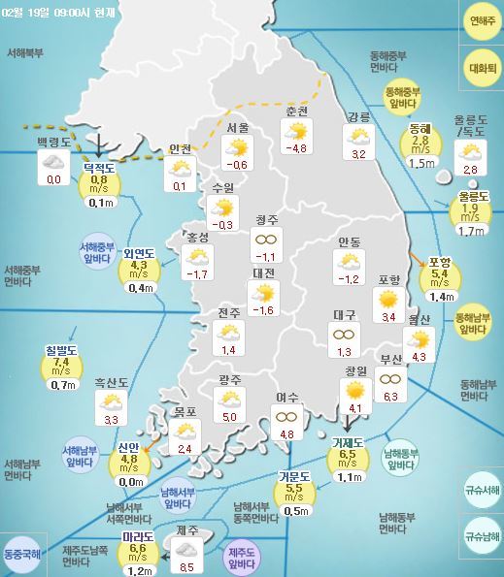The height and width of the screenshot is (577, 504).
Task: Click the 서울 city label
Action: coord(237,128)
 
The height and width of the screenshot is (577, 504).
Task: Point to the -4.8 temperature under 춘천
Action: coord(295,148)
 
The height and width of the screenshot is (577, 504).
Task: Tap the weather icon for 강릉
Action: coord(358,137)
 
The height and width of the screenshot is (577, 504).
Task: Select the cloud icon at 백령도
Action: coord(52,163)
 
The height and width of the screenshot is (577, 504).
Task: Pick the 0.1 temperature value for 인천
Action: coord(179,185)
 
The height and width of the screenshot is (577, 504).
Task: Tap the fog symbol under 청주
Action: coord(264,239)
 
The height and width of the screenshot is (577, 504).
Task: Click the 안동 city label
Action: coord(350,241)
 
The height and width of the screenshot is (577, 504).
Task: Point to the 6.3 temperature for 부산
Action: coord(391,397)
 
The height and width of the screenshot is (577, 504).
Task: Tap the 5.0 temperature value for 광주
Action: coord(229,417)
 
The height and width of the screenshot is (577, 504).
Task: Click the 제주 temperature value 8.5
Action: coord(188,567)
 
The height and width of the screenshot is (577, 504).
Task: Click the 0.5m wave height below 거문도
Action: coord(296,511)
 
